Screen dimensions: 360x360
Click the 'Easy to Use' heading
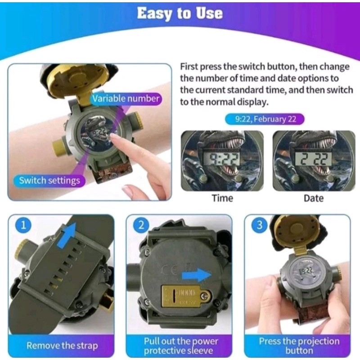click(x=180, y=13)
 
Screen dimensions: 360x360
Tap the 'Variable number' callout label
click(x=126, y=99)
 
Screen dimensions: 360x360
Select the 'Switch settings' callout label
click(x=49, y=180)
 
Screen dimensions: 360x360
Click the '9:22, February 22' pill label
click(x=265, y=119)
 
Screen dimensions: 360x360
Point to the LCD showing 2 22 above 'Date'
click(x=314, y=159)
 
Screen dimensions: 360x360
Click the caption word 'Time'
click(x=222, y=198)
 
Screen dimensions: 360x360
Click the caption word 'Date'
click(x=314, y=198)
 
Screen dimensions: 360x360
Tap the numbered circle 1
click(x=23, y=225)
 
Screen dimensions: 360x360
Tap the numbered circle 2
click(x=141, y=225)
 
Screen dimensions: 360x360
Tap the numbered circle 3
click(x=260, y=225)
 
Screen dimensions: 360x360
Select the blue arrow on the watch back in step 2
click(x=197, y=275)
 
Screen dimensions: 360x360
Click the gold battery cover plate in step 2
click(x=186, y=296)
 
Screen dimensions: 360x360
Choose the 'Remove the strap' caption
click(x=62, y=346)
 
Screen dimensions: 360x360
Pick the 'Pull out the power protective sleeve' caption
click(x=180, y=346)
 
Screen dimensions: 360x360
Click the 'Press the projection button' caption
click(x=299, y=346)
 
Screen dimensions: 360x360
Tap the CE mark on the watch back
click(x=170, y=271)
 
